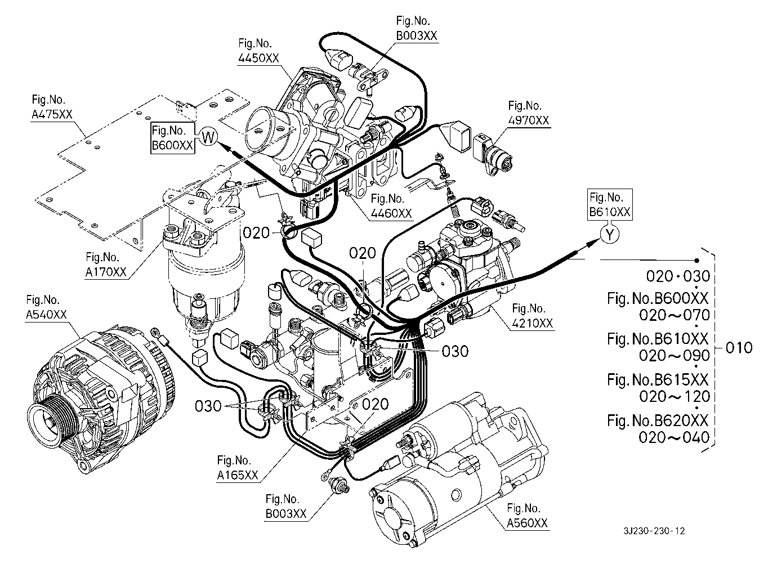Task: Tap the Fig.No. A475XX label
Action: (52, 107)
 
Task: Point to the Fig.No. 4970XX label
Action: (528, 113)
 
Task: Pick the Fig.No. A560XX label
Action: (527, 516)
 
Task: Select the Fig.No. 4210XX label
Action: (532, 316)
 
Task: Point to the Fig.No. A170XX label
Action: (106, 265)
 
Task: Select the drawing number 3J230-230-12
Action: (654, 531)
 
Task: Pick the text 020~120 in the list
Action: (674, 396)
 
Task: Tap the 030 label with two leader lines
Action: (209, 405)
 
